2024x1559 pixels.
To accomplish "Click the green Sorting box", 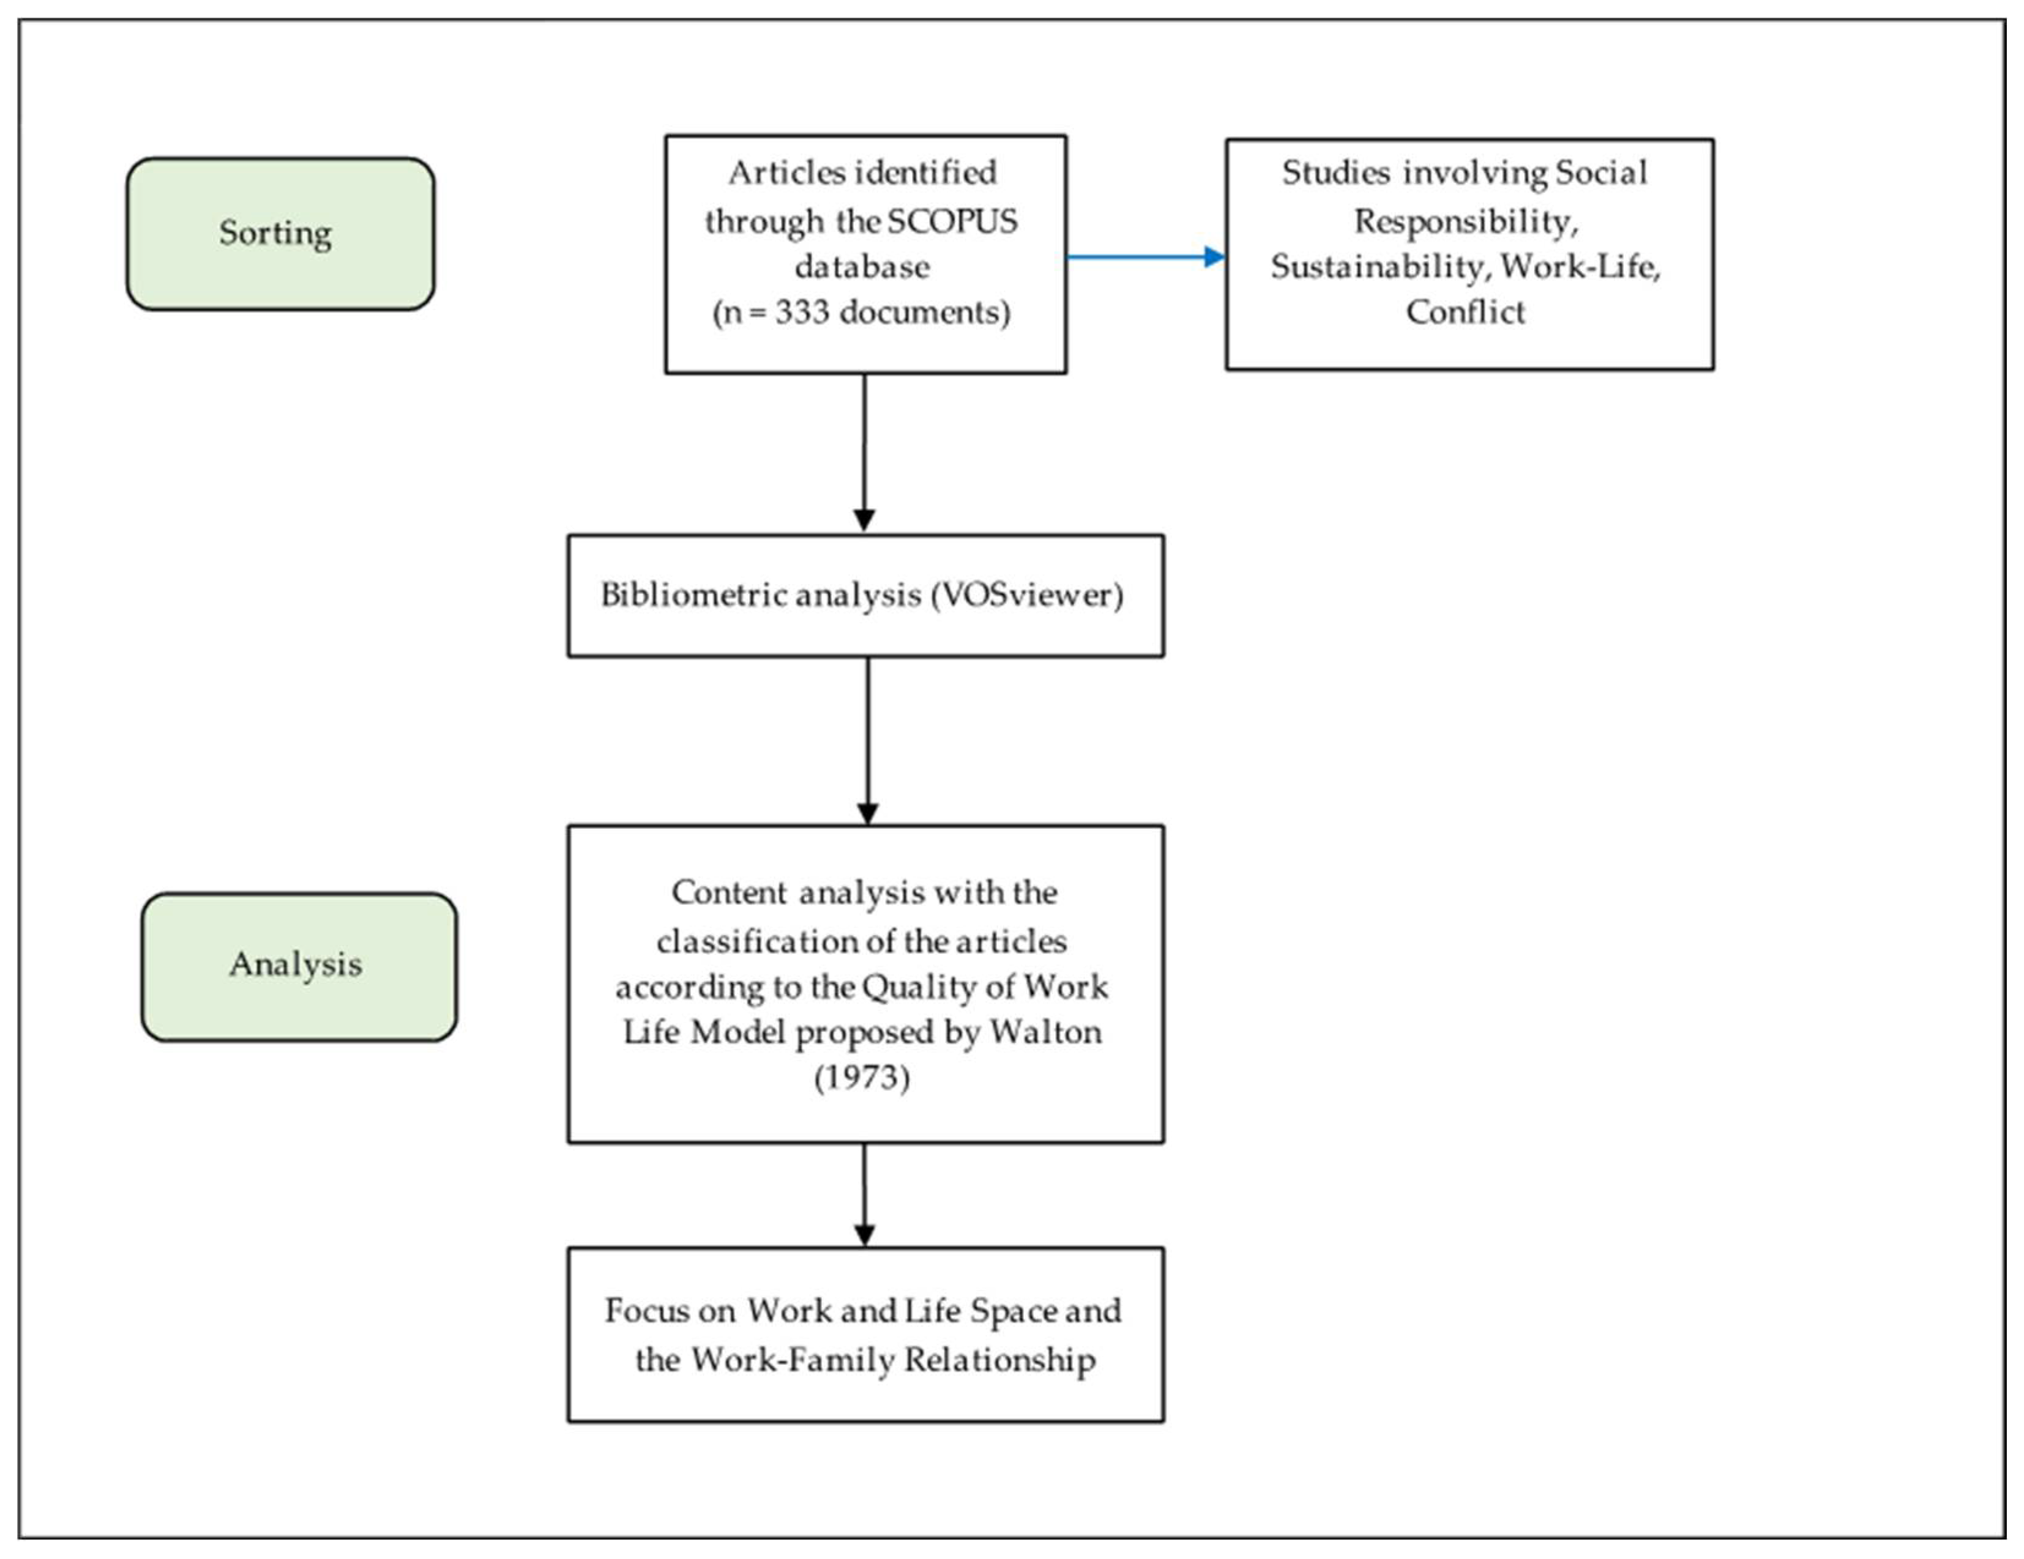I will coord(280,234).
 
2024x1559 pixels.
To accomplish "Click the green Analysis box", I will coord(299,966).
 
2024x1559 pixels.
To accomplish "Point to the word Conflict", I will coord(1464,312).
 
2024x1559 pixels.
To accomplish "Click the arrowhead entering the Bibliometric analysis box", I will coord(864,520).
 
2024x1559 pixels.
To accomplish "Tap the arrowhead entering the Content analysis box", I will coord(867,812).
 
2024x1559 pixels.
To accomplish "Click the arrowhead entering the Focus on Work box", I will coord(864,1235).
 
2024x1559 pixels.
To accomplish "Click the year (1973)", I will coord(862,1077).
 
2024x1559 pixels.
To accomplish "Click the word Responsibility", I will coord(1464,221).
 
